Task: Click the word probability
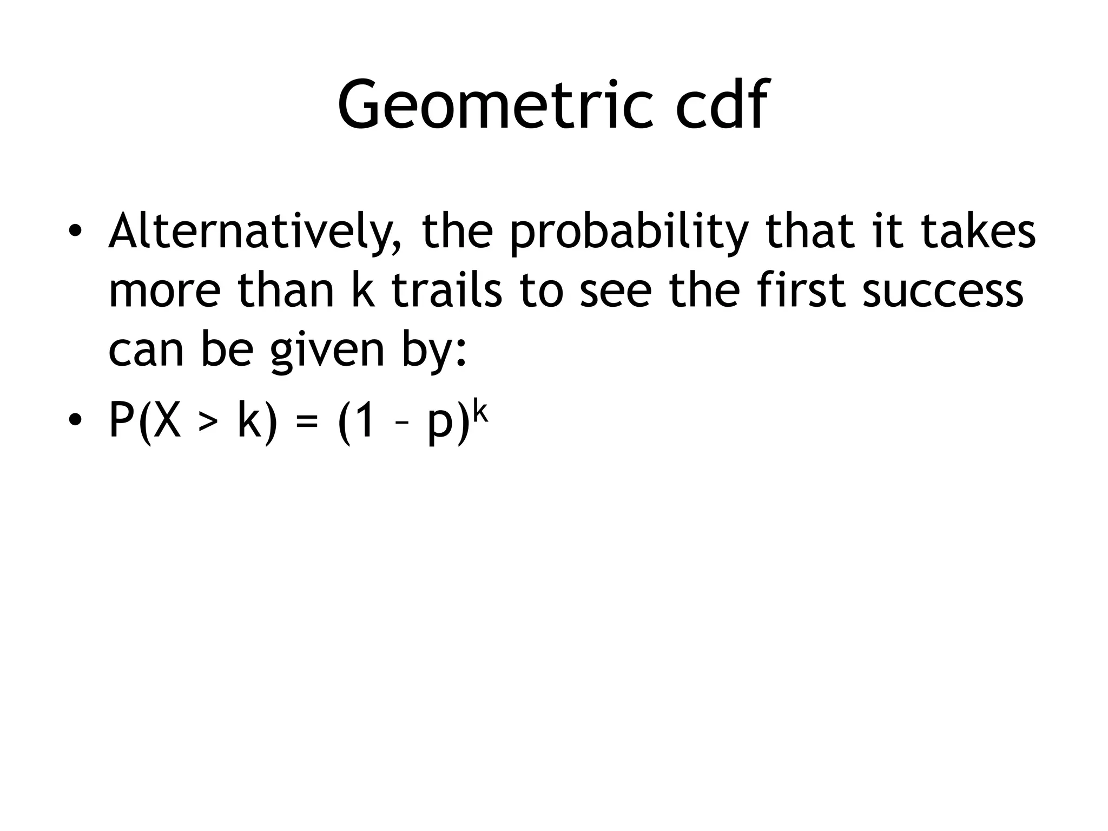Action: (629, 232)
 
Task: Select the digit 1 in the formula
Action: (364, 420)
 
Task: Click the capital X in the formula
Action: (166, 420)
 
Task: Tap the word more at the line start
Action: (165, 291)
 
